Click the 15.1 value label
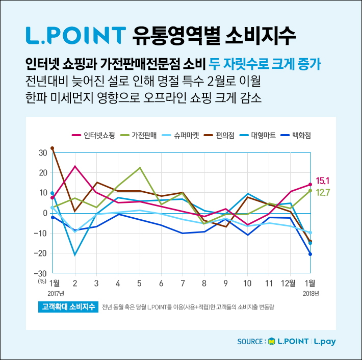323,181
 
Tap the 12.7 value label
323,192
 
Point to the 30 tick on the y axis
42,152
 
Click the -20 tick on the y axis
41,253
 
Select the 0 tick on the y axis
45,213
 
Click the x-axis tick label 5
139,283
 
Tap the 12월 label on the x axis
289,283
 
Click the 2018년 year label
311,294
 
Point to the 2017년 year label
56,294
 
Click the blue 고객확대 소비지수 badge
68,307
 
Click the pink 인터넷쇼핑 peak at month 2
75,166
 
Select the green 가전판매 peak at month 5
140,168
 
